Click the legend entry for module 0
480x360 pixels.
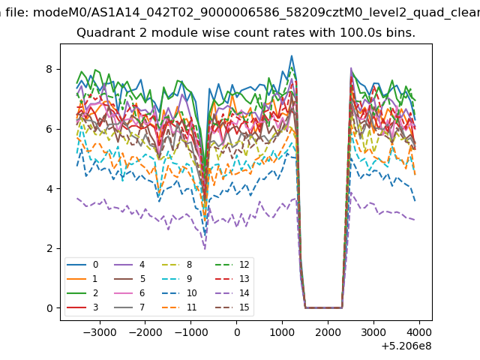[82, 265]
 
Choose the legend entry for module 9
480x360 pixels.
[176, 278]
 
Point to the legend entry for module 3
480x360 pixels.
[82, 307]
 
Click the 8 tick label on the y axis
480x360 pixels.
[49, 69]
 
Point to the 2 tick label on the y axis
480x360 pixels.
[49, 248]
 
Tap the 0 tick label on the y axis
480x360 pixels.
[49, 308]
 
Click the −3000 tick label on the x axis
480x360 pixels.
[100, 332]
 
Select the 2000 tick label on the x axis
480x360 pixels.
[328, 332]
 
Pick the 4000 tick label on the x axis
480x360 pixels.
[419, 332]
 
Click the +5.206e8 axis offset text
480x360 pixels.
[406, 346]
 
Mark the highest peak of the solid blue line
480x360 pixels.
[292, 55]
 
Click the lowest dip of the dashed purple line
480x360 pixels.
[205, 249]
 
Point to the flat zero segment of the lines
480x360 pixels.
[323, 307]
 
